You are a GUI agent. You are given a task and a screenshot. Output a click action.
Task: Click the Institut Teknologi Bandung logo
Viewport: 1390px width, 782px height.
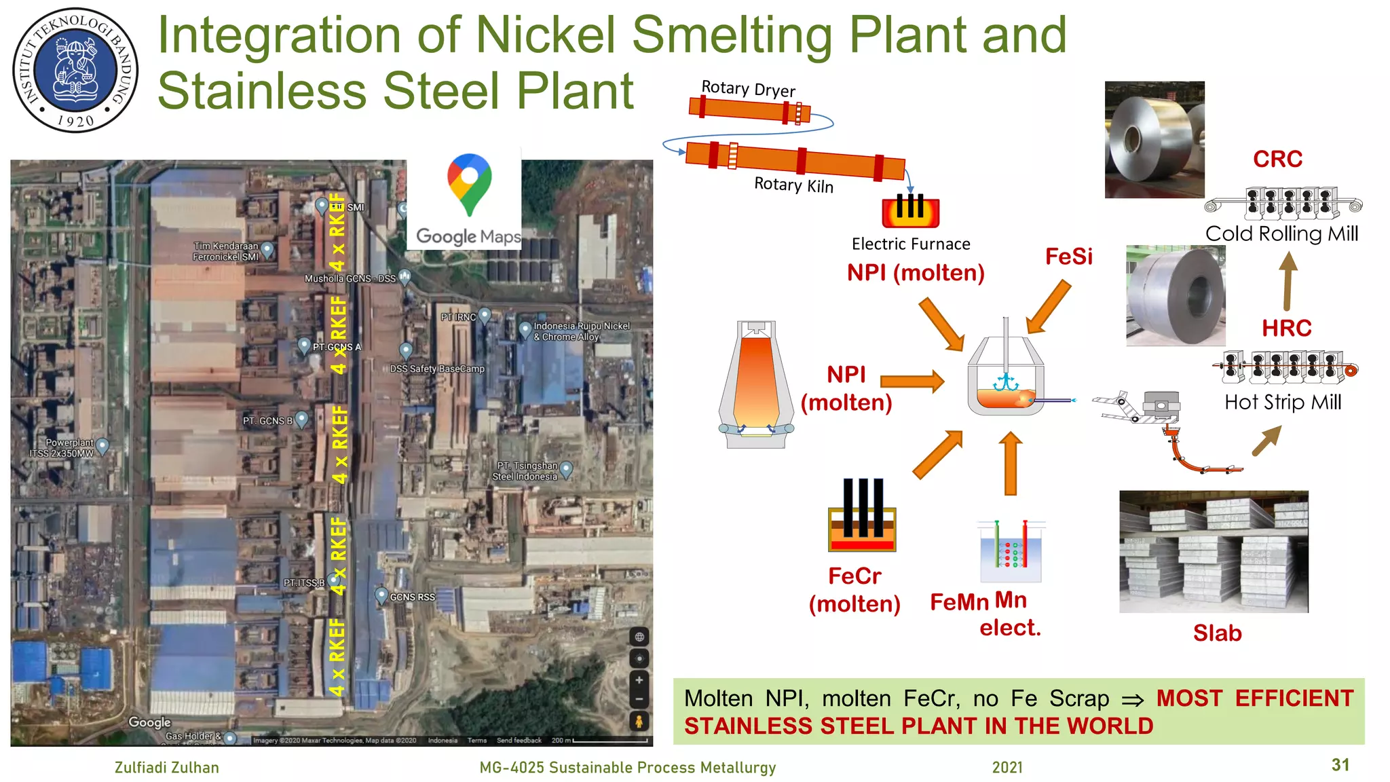(x=76, y=70)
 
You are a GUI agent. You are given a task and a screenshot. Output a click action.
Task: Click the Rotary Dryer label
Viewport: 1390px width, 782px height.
(x=748, y=89)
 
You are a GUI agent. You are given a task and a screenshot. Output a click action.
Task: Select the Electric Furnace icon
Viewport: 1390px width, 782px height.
(x=910, y=210)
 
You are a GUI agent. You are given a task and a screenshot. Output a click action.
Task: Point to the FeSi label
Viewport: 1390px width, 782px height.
(x=1068, y=257)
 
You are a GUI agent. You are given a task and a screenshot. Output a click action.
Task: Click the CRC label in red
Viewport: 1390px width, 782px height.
(x=1277, y=160)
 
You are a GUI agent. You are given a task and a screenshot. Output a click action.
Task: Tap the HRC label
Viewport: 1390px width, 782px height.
(x=1286, y=329)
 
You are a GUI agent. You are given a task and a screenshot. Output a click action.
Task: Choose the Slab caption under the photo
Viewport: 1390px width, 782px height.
(x=1217, y=633)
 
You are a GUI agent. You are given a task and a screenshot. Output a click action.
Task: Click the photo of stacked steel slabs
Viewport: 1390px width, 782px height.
(x=1214, y=551)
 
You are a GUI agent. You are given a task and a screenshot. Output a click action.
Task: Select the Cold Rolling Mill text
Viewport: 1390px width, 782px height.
(x=1281, y=234)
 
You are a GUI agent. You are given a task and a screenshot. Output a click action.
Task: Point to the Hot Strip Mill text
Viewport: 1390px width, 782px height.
(x=1283, y=403)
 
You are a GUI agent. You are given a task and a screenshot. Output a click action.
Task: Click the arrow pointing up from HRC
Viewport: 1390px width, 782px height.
(x=1288, y=281)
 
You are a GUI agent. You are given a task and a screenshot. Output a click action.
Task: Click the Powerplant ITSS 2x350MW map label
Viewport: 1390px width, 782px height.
(x=62, y=448)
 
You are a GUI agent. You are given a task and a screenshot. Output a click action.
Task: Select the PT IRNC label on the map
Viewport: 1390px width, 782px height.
(x=459, y=317)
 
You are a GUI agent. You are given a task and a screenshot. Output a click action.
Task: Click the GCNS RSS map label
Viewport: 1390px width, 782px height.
(x=412, y=597)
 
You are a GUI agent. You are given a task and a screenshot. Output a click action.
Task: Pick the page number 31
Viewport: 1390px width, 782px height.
(x=1340, y=765)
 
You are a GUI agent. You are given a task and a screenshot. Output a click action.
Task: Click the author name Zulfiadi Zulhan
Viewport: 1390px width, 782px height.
(x=167, y=768)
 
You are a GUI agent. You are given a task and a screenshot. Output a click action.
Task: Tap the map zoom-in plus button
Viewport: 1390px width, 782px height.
(x=639, y=680)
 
